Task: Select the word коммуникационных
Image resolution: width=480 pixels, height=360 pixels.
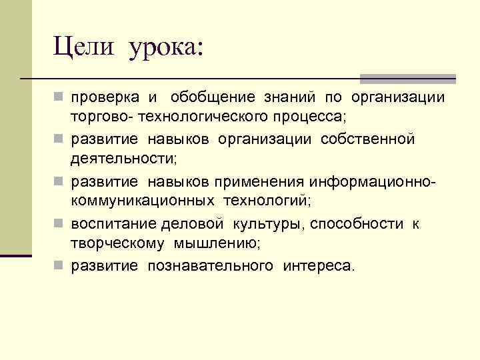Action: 143,201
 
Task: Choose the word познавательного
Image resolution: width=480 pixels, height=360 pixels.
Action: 211,266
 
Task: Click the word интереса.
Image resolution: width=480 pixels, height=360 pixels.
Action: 319,266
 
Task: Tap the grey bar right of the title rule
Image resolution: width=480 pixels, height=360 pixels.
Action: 408,78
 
